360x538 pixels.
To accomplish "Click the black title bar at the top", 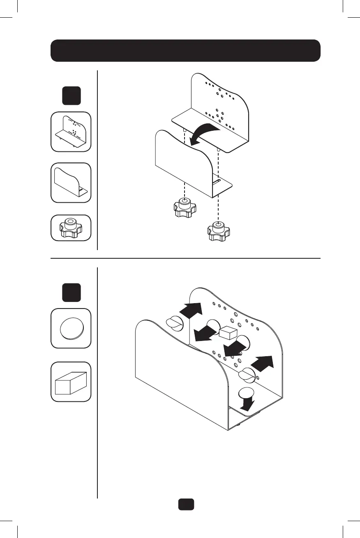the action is coord(185,51).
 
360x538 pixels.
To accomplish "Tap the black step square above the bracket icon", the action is coord(71,96).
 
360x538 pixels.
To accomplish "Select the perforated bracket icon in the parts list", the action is coord(71,132).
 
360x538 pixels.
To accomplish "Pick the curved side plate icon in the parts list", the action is coord(71,183).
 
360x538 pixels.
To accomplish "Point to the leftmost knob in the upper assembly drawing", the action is coord(183,208).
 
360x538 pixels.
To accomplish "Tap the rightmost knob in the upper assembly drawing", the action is coord(218,232).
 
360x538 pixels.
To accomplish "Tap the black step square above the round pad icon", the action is coord(71,292).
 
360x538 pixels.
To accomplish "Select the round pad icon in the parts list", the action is coord(71,328).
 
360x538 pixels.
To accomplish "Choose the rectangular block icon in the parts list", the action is coord(71,381).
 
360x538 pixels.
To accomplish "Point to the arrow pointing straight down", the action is coord(247,400).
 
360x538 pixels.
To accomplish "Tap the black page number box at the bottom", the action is coord(186,504).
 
